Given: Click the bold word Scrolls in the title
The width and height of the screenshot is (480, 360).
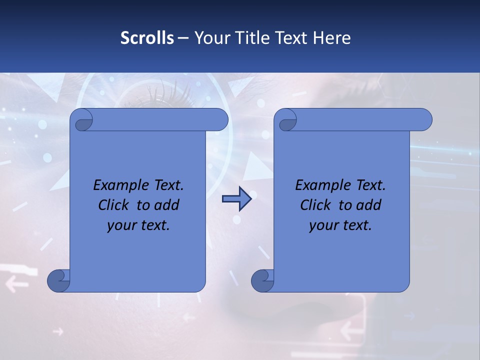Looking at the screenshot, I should [x=147, y=38].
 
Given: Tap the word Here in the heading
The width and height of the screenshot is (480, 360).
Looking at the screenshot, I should [x=331, y=38].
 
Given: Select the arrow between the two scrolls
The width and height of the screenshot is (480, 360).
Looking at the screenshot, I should [x=236, y=199].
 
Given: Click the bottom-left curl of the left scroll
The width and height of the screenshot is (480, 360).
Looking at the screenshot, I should [x=58, y=280].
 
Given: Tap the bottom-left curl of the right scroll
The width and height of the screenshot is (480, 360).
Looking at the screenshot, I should [x=262, y=280].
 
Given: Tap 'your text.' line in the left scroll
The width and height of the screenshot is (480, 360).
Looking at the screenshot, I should [x=138, y=225].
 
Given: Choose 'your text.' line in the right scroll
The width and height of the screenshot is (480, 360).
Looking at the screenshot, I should [x=340, y=225].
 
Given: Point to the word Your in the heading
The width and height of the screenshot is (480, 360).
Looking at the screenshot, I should [x=210, y=38].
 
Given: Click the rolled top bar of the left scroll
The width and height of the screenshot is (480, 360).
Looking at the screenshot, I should [x=155, y=119].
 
